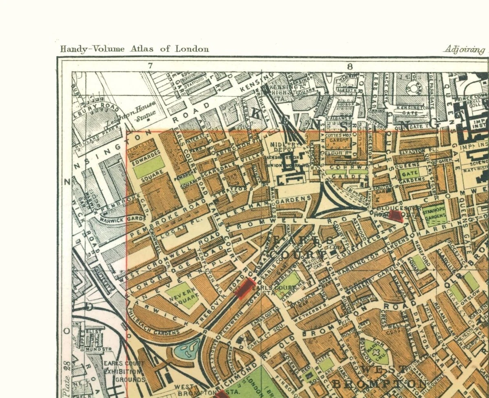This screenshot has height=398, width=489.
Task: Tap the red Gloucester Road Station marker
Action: point(395,216)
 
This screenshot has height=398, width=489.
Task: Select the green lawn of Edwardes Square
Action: point(149,167)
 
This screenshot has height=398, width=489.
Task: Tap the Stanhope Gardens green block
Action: point(434,215)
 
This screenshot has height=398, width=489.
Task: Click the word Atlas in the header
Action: point(142,49)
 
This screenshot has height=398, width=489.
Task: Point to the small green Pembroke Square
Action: point(186,179)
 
